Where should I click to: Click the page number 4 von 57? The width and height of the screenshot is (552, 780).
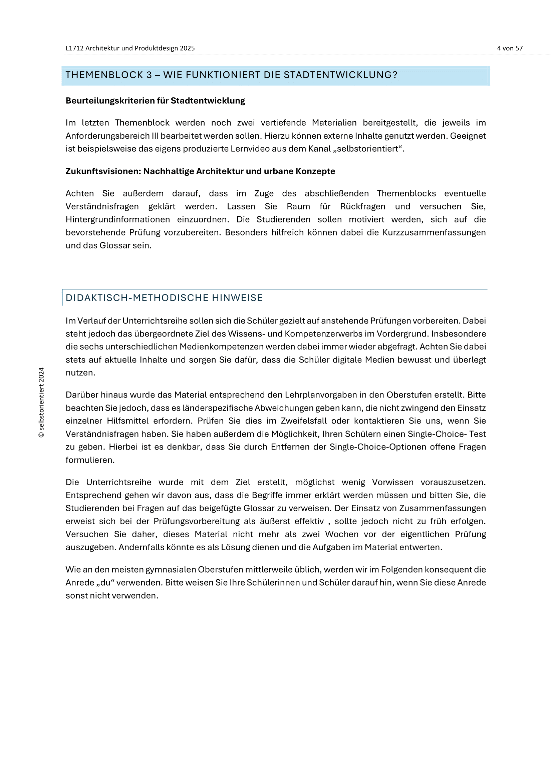[510, 48]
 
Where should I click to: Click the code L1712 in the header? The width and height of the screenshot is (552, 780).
[74, 48]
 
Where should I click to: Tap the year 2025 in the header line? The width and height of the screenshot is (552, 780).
[187, 48]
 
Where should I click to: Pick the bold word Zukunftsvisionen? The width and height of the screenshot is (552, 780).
[102, 171]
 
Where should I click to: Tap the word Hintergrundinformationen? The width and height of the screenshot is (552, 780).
[117, 219]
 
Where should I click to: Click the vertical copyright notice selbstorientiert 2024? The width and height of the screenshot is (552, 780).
[41, 403]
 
